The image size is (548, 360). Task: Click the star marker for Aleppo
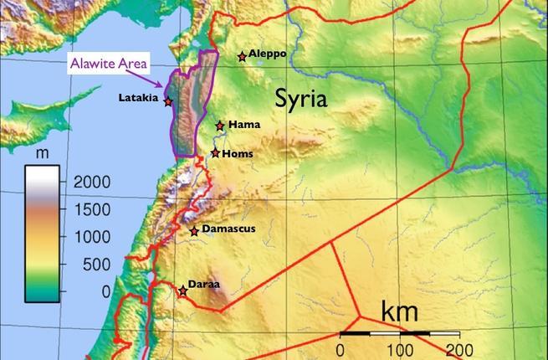coord(242,57)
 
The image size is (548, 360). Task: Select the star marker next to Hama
coord(220,126)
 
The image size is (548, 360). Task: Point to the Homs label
coord(238,153)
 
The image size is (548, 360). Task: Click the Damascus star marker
coord(194,231)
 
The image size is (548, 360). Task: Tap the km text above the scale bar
coord(400,311)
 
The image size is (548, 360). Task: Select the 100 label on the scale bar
coord(400,348)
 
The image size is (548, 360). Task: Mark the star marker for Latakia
coord(168,101)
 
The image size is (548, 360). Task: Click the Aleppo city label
coord(268,54)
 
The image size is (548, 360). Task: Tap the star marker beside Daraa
coord(182,291)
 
